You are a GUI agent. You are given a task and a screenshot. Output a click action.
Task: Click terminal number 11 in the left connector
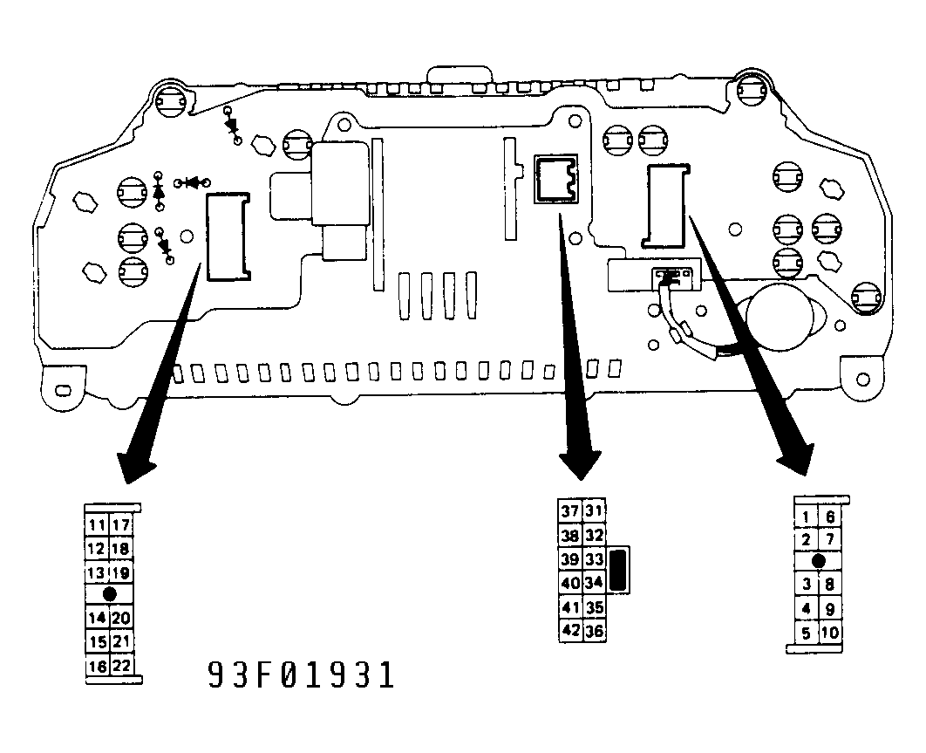pyautogui.click(x=97, y=525)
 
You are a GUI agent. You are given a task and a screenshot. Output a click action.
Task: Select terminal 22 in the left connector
pyautogui.click(x=121, y=666)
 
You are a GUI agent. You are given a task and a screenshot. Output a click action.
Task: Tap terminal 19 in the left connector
pyautogui.click(x=120, y=572)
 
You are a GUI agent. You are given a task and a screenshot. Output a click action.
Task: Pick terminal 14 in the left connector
pyautogui.click(x=97, y=619)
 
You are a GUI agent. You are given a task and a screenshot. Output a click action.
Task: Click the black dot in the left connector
pyautogui.click(x=110, y=593)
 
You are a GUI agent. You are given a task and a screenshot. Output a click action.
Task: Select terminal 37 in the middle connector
pyautogui.click(x=570, y=510)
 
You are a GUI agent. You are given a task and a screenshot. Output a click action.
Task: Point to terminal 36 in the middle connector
pyautogui.click(x=594, y=631)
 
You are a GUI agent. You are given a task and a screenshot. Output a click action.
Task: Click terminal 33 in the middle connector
pyautogui.click(x=594, y=559)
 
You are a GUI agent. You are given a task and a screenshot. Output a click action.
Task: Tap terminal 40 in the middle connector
pyautogui.click(x=570, y=584)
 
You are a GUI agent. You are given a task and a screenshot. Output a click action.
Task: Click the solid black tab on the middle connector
pyautogui.click(x=618, y=570)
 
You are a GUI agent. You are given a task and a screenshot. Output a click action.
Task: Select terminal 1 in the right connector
pyautogui.click(x=807, y=517)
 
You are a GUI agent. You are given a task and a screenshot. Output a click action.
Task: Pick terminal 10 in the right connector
pyautogui.click(x=830, y=633)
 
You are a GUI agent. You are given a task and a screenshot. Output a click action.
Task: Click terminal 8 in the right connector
pyautogui.click(x=830, y=585)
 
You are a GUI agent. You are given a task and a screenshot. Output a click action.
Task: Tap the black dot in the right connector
pyautogui.click(x=819, y=560)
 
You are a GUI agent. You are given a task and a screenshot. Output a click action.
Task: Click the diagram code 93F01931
pyautogui.click(x=301, y=675)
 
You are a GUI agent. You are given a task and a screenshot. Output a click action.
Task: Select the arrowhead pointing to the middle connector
pyautogui.click(x=581, y=464)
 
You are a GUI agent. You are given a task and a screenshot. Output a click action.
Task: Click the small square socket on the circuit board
pyautogui.click(x=555, y=179)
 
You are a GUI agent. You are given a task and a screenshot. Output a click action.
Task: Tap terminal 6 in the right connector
pyautogui.click(x=830, y=517)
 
